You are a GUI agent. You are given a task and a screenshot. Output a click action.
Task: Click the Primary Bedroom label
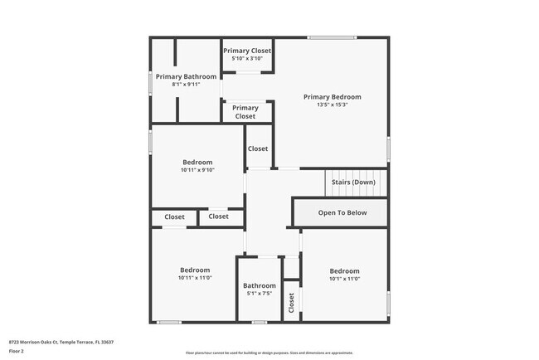pyautogui.click(x=332, y=97)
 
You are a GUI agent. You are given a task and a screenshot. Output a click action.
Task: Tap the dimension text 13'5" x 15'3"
pyautogui.click(x=332, y=105)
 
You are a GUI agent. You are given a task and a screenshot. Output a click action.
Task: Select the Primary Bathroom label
pyautogui.click(x=187, y=76)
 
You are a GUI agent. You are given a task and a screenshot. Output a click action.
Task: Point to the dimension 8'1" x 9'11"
pyautogui.click(x=187, y=85)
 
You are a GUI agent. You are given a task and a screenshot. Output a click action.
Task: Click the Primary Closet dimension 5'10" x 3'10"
pyautogui.click(x=247, y=59)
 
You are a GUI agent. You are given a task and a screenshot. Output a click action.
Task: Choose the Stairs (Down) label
pyautogui.click(x=353, y=182)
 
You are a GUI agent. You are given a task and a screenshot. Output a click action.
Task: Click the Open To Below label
pyautogui.click(x=342, y=213)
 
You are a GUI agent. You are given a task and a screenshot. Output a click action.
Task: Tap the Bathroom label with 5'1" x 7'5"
pyautogui.click(x=259, y=285)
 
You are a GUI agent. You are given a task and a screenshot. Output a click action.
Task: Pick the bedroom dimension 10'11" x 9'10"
pyautogui.click(x=197, y=170)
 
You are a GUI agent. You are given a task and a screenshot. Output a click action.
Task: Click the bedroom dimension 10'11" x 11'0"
pyautogui.click(x=196, y=278)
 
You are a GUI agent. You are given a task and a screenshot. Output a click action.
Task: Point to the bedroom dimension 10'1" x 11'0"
pyautogui.click(x=344, y=280)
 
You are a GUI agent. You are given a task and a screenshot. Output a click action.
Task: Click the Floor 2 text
pyautogui.click(x=17, y=351)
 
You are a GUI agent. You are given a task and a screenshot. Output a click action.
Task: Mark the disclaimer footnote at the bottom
pyautogui.click(x=269, y=353)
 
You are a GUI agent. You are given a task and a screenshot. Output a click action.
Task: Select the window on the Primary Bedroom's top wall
pyautogui.click(x=332, y=37)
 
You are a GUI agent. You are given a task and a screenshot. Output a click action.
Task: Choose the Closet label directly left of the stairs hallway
pyautogui.click(x=258, y=149)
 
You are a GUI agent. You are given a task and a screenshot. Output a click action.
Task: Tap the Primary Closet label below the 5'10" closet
pyautogui.click(x=245, y=112)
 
